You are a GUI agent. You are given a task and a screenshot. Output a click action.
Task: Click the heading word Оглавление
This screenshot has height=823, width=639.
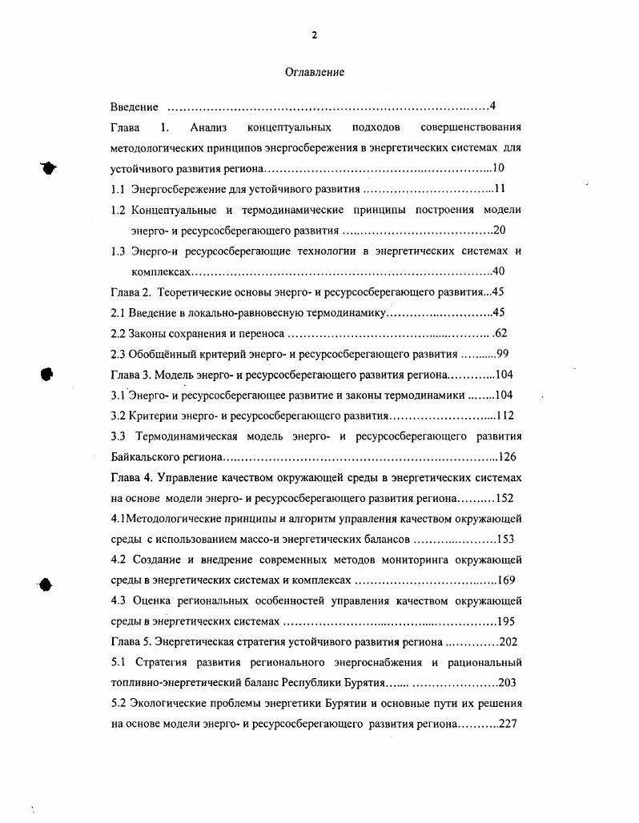click(315, 73)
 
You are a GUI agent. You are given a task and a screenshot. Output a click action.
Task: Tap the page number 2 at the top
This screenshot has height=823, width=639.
click(315, 34)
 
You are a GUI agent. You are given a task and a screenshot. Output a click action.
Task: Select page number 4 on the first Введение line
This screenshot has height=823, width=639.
click(493, 107)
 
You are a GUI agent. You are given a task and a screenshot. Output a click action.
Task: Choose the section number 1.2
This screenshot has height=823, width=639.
click(118, 210)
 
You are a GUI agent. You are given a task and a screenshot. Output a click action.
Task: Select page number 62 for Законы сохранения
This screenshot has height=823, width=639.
click(500, 334)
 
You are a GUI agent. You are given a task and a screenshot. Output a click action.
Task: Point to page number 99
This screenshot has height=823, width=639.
click(503, 354)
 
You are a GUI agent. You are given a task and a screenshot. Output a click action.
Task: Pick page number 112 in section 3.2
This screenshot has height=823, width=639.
click(504, 416)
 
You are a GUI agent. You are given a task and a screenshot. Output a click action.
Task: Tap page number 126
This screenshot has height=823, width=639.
click(508, 457)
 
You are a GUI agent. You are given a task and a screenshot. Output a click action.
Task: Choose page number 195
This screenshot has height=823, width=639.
click(507, 622)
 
